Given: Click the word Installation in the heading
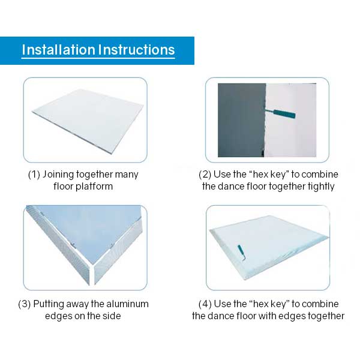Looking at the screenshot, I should point(58,50).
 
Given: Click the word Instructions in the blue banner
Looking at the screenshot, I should point(137,50).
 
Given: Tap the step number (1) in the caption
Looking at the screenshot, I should point(35,175).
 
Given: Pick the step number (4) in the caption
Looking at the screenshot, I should point(206,304).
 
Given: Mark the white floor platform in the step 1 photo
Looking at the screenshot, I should point(84,120).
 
